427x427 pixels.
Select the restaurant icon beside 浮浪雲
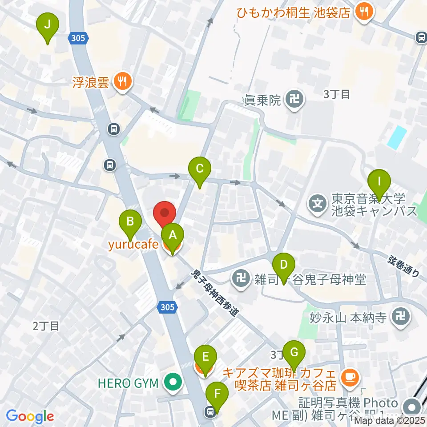(x=121, y=81)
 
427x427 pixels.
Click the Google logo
(x=30, y=416)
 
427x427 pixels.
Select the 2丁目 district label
(x=46, y=326)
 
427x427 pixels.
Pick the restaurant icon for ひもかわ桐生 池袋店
(x=364, y=12)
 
